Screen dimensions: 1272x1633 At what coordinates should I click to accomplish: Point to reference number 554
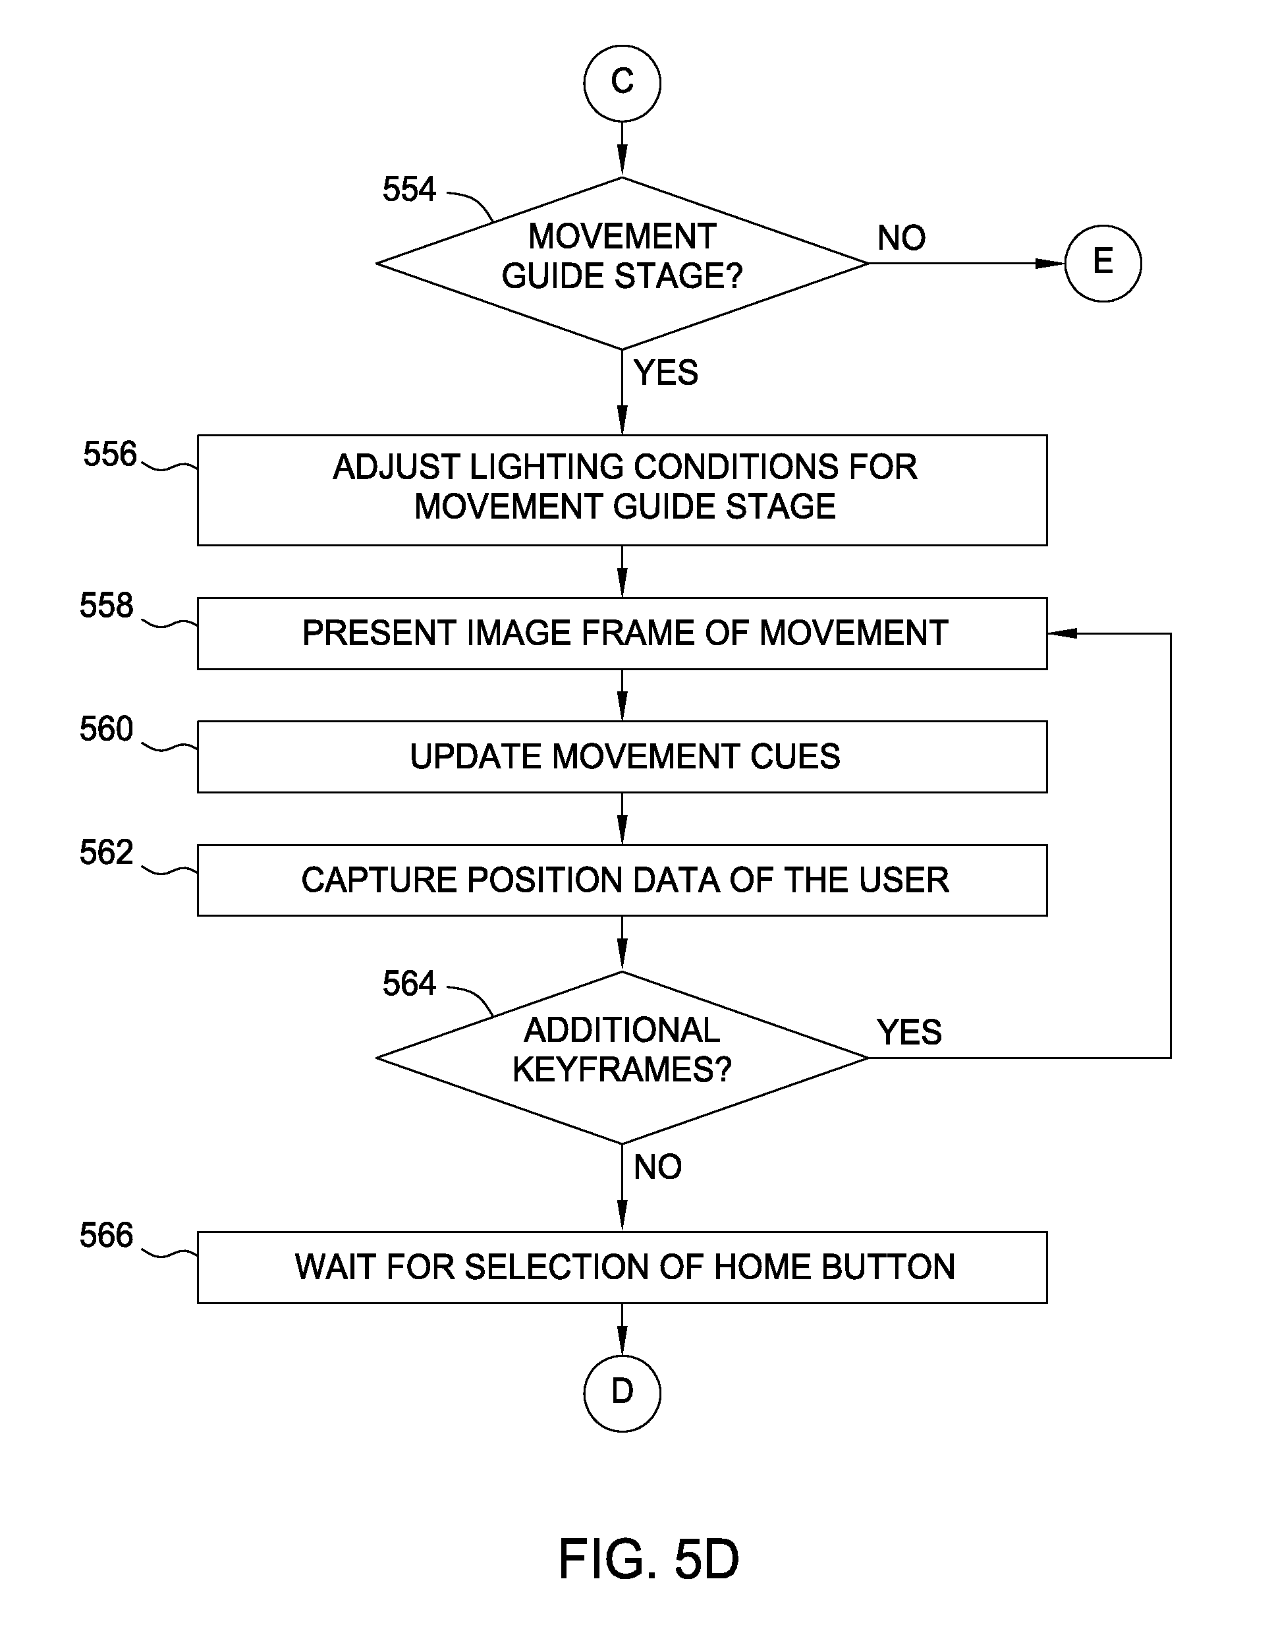click(409, 189)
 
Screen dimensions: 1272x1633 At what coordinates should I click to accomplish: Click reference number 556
click(110, 454)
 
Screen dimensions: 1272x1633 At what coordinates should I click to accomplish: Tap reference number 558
click(106, 605)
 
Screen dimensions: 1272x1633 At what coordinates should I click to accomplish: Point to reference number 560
click(106, 728)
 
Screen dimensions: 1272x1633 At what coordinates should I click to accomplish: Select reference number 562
click(106, 851)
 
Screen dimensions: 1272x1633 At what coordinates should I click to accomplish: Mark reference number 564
click(409, 983)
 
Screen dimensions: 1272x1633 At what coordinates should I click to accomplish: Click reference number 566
click(106, 1234)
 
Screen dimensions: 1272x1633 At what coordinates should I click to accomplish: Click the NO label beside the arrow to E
click(901, 238)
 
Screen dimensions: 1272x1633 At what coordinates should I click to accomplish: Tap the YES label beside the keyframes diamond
click(909, 1032)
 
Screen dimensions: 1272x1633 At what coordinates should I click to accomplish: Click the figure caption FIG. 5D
click(649, 1559)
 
